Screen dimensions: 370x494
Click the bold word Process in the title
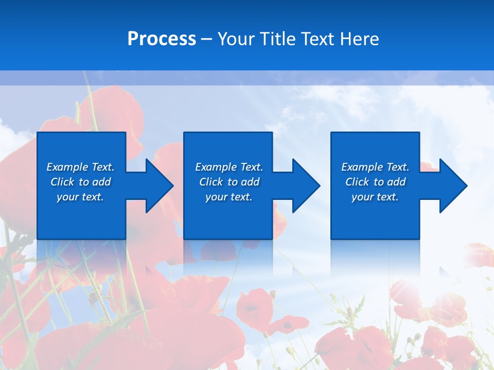tap(162, 39)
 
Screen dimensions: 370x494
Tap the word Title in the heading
tap(277, 39)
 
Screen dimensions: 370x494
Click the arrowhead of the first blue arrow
tap(160, 186)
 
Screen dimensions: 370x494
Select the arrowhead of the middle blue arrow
tap(307, 186)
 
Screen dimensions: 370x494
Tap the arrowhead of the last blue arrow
tap(453, 186)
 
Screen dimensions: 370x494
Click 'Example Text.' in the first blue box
tap(80, 167)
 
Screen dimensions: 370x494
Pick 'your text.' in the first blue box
tap(80, 197)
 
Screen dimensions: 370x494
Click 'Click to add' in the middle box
tap(229, 182)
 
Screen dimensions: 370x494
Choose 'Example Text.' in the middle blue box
tap(229, 167)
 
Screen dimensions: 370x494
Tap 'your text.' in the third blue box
tap(375, 197)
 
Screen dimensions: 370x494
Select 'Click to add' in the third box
tap(375, 182)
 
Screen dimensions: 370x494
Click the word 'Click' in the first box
tap(62, 182)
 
